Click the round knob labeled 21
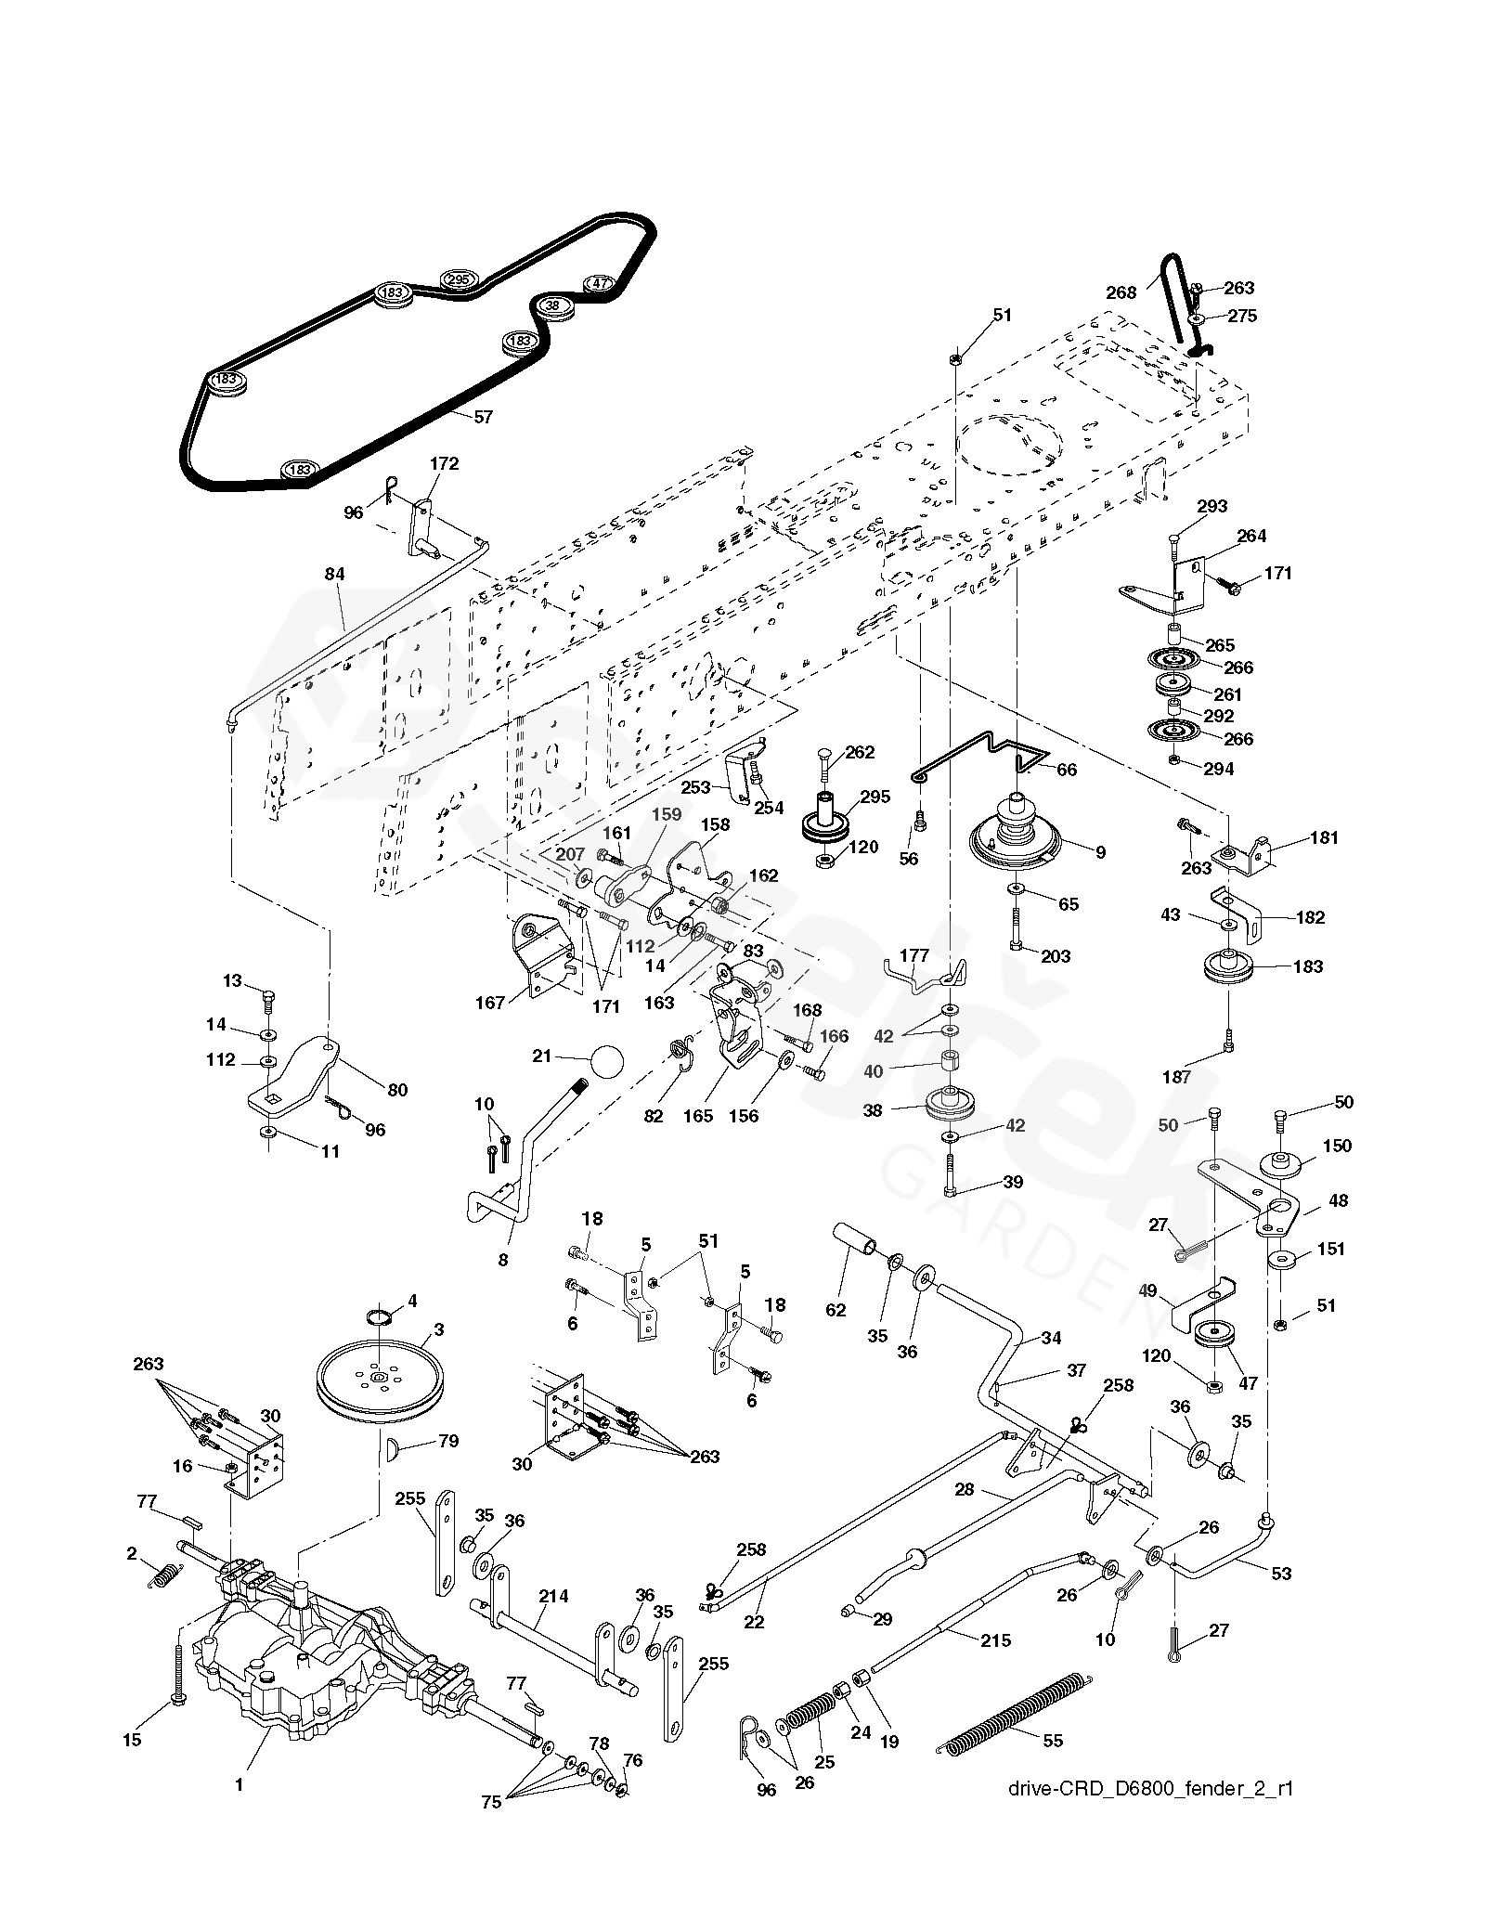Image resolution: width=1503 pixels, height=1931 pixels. [602, 1059]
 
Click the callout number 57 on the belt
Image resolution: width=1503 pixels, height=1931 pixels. [483, 417]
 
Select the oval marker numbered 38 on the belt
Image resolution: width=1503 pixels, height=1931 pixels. [552, 305]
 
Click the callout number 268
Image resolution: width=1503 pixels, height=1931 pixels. [1121, 292]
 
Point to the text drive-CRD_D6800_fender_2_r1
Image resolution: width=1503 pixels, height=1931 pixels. [1149, 1839]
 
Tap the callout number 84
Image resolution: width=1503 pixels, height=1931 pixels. [334, 576]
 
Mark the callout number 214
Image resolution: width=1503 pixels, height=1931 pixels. [552, 1597]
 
